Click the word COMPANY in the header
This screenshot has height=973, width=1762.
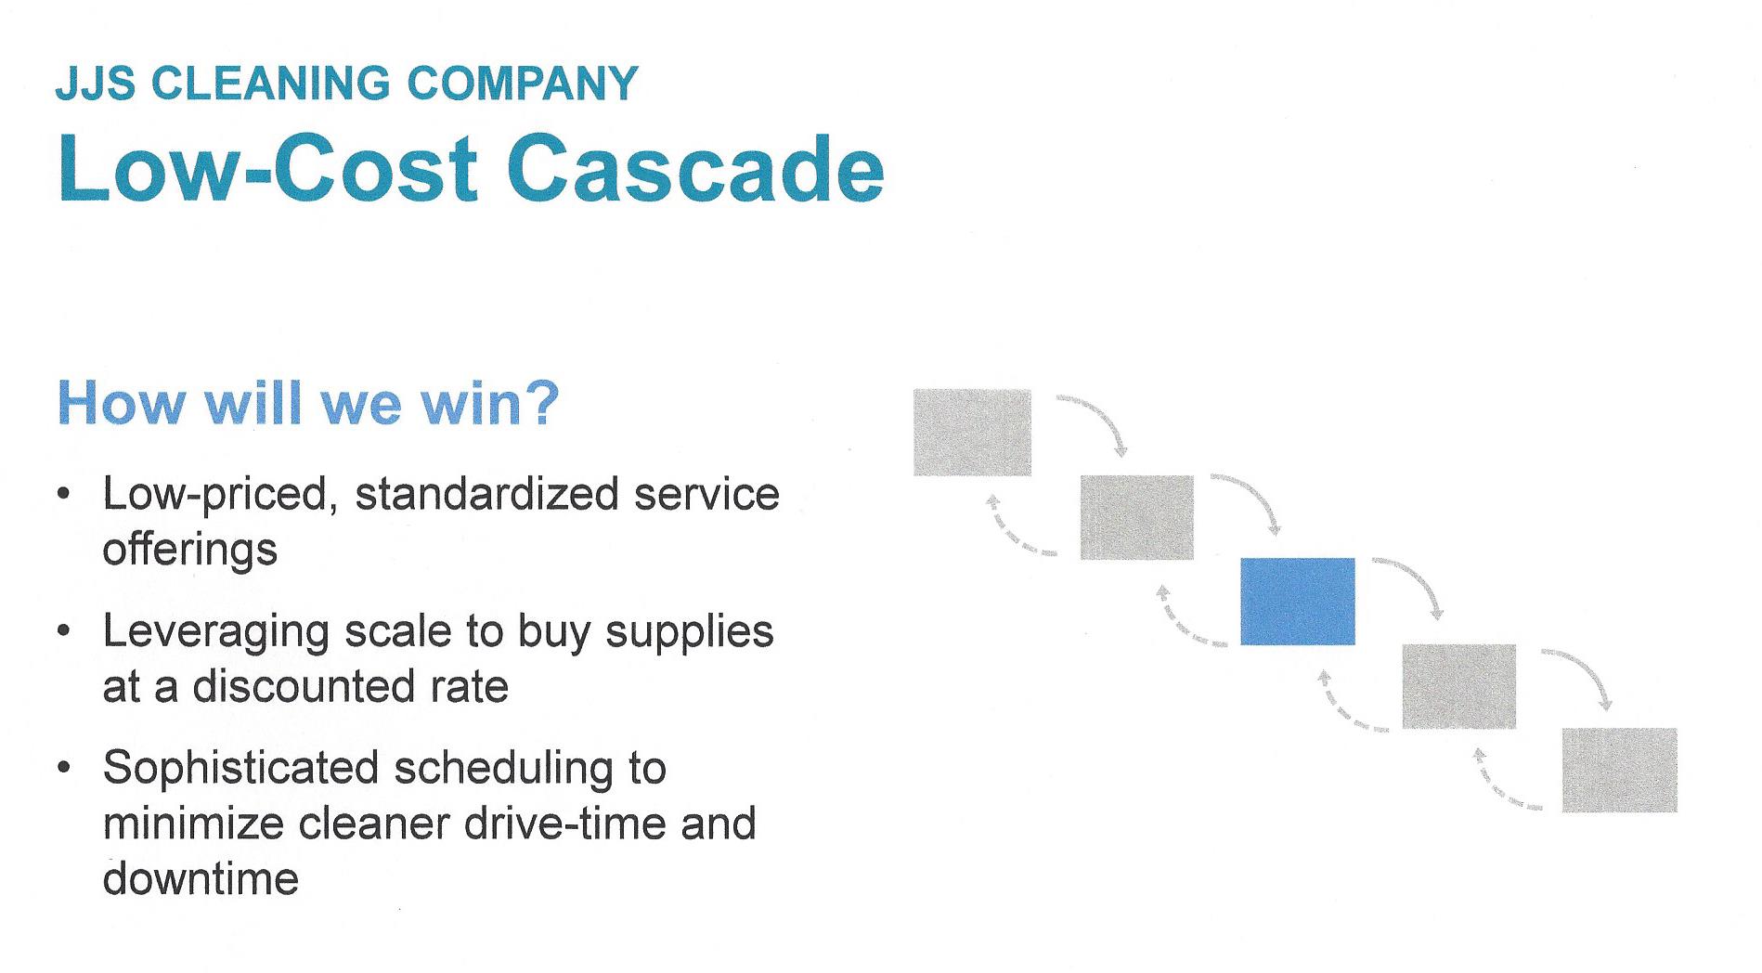pyautogui.click(x=523, y=84)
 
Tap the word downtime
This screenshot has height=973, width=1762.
pyautogui.click(x=201, y=878)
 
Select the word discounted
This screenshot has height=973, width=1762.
pyautogui.click(x=304, y=687)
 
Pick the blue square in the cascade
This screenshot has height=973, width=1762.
pyautogui.click(x=1298, y=602)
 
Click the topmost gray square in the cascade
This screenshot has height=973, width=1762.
pyautogui.click(x=972, y=433)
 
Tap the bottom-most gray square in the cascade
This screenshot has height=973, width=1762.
pyautogui.click(x=1620, y=771)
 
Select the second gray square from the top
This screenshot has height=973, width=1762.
pyautogui.click(x=1137, y=517)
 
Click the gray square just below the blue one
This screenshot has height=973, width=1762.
pyautogui.click(x=1458, y=686)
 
